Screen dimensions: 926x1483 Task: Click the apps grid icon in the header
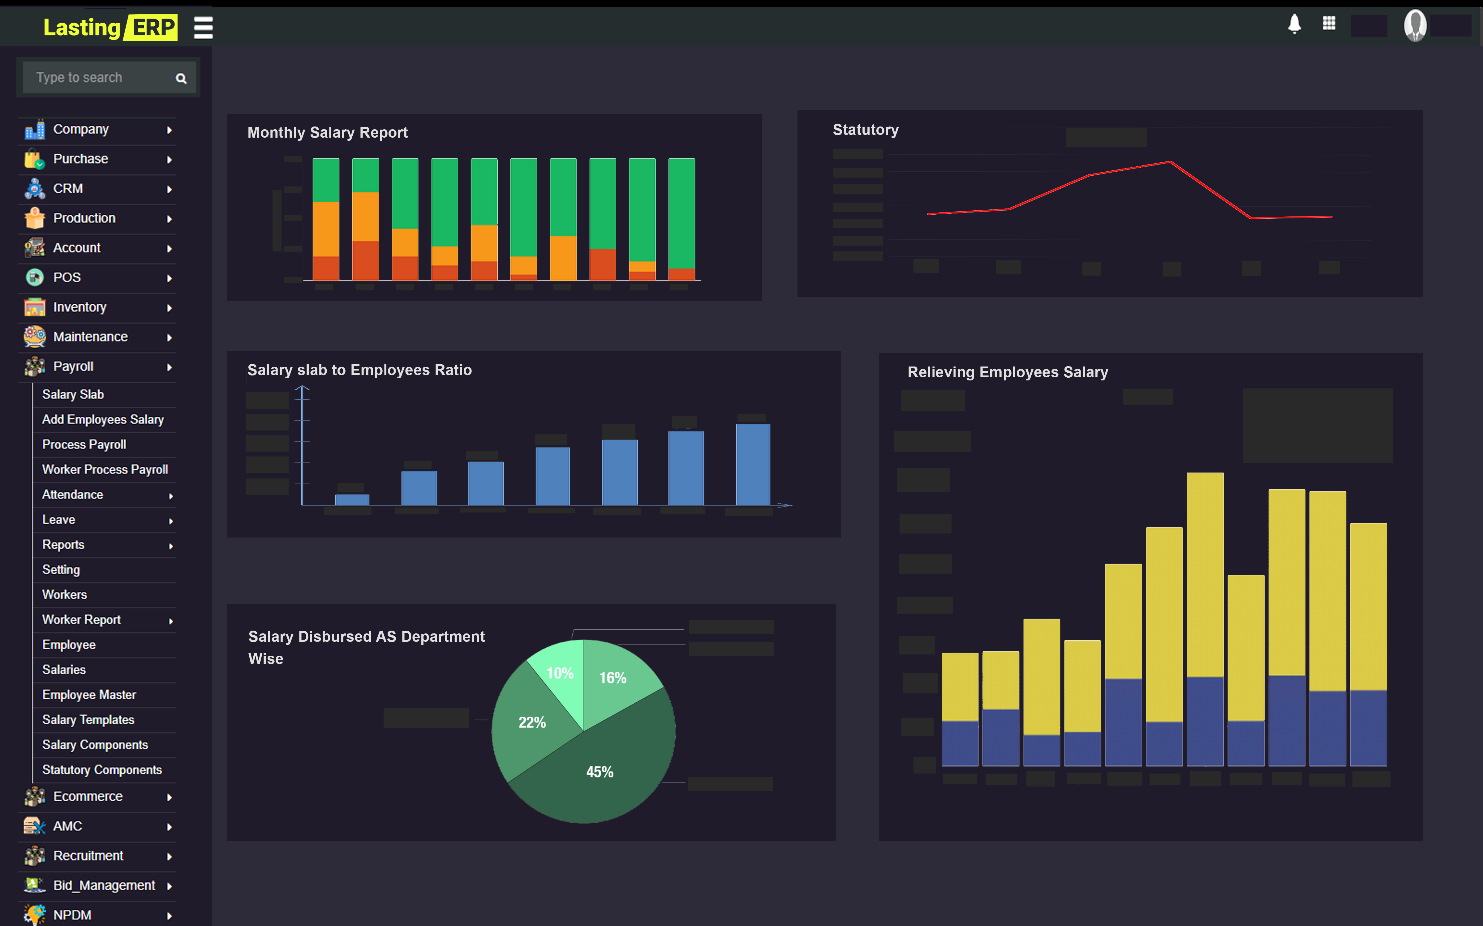point(1329,23)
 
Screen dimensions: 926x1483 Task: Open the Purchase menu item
point(80,159)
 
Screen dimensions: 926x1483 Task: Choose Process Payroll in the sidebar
point(84,445)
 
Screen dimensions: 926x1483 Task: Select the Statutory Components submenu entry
point(102,770)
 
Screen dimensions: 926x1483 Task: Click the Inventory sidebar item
point(80,307)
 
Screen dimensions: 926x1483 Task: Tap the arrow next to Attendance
point(171,495)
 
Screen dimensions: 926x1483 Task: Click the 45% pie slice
point(600,772)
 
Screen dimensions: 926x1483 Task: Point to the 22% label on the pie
point(532,723)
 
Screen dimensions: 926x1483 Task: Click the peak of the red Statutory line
point(1170,162)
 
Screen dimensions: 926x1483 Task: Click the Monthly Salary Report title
point(327,133)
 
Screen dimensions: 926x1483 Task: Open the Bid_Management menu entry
point(104,885)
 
